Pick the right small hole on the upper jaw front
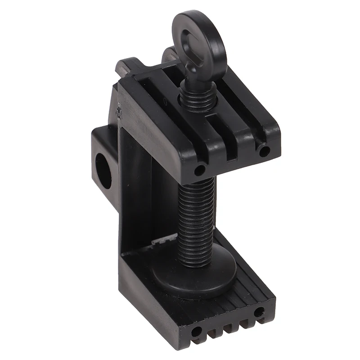263,150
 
